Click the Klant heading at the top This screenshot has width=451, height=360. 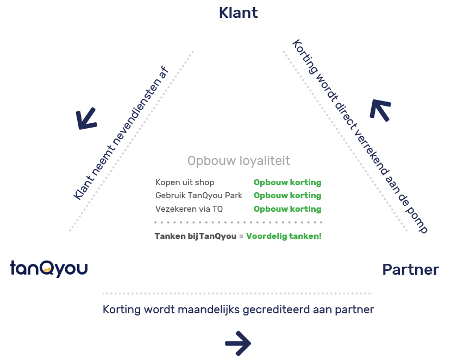(238, 13)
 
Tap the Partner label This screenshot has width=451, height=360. (410, 269)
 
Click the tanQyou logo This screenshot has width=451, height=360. (49, 268)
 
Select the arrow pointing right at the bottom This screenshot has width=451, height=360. (238, 343)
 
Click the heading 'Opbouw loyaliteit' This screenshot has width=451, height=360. (239, 161)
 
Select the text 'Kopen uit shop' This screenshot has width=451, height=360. (185, 182)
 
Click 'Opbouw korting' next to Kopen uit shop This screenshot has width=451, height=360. (287, 182)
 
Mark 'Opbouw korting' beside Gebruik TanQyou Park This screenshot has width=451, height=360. (287, 195)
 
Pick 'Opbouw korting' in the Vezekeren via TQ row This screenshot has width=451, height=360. (287, 209)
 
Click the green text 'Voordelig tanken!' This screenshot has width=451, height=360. (284, 236)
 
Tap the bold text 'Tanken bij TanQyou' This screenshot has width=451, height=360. (196, 236)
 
